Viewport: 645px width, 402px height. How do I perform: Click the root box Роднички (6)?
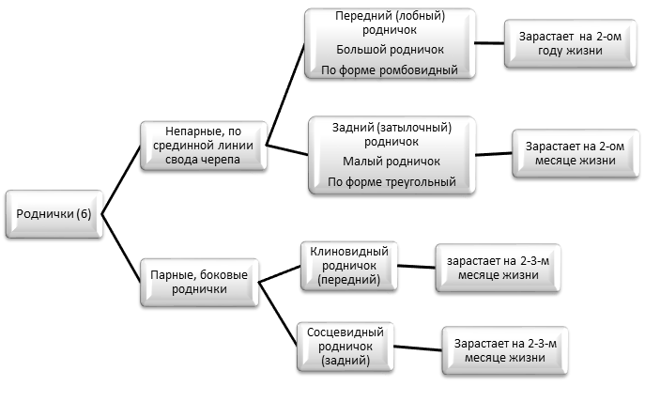click(x=54, y=214)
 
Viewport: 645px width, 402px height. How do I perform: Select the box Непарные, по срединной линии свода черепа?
click(x=203, y=146)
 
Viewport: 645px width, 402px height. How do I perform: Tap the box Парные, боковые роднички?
click(x=199, y=283)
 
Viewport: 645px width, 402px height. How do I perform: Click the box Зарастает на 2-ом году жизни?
click(x=570, y=43)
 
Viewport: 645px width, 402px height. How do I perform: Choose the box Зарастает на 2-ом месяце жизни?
click(x=576, y=153)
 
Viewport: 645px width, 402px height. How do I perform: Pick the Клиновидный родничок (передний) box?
click(x=349, y=266)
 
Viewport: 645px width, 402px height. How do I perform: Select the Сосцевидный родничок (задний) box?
click(x=346, y=347)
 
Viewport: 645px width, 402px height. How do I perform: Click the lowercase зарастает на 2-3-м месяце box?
click(x=498, y=268)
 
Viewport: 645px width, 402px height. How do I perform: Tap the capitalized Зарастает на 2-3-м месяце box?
click(x=505, y=350)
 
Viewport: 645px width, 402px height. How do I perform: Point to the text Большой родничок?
click(x=390, y=50)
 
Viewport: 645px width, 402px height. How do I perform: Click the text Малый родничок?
click(x=392, y=162)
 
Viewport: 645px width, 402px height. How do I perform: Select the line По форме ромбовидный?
click(x=390, y=70)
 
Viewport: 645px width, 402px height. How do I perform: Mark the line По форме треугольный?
click(x=392, y=182)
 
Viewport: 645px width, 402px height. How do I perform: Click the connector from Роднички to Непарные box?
click(x=121, y=180)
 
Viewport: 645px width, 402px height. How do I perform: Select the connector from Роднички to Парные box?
click(x=121, y=248)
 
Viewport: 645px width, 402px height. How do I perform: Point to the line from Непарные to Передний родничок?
click(x=285, y=94)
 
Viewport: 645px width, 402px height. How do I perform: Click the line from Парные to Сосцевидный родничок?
click(x=278, y=314)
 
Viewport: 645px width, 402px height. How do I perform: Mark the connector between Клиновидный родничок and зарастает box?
click(x=416, y=267)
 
